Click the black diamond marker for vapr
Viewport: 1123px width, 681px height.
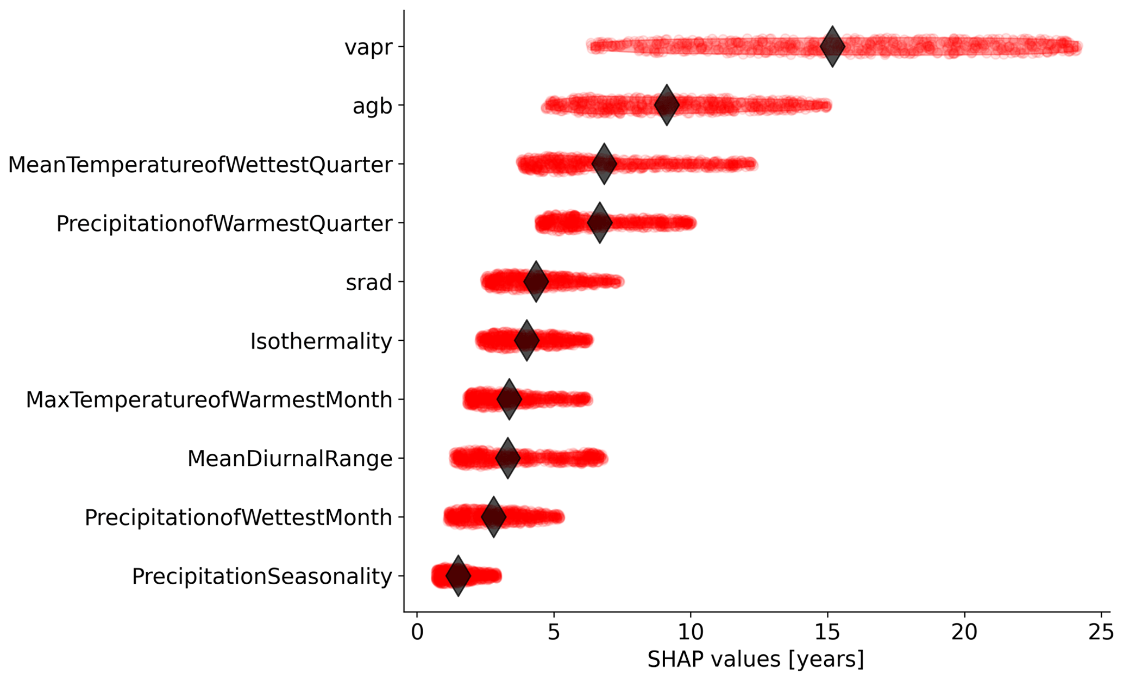(832, 46)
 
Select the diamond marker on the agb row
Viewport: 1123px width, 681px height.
(667, 105)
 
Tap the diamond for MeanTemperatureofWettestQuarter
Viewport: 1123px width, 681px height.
(604, 164)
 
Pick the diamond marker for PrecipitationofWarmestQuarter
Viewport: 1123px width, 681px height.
(600, 222)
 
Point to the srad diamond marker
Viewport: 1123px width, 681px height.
(536, 282)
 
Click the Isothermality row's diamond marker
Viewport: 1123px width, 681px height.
(526, 340)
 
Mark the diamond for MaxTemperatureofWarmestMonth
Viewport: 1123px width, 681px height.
(509, 399)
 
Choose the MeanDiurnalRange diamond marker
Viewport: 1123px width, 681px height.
(508, 458)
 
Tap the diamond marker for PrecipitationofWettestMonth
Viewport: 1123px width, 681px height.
(493, 516)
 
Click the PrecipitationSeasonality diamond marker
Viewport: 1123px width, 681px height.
(458, 576)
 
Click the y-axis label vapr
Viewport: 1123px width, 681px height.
(368, 47)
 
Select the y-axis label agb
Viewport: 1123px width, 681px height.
(372, 106)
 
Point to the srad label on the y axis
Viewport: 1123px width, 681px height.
(369, 283)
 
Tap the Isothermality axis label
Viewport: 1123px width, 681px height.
(321, 341)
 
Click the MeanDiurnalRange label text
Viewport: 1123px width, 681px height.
(290, 459)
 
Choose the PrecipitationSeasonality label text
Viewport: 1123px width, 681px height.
(262, 577)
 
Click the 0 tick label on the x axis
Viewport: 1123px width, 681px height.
(417, 633)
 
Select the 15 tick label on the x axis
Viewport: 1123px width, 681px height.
(827, 633)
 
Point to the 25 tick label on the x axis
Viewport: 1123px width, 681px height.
(1101, 633)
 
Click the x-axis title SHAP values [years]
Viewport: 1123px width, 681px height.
(755, 659)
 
